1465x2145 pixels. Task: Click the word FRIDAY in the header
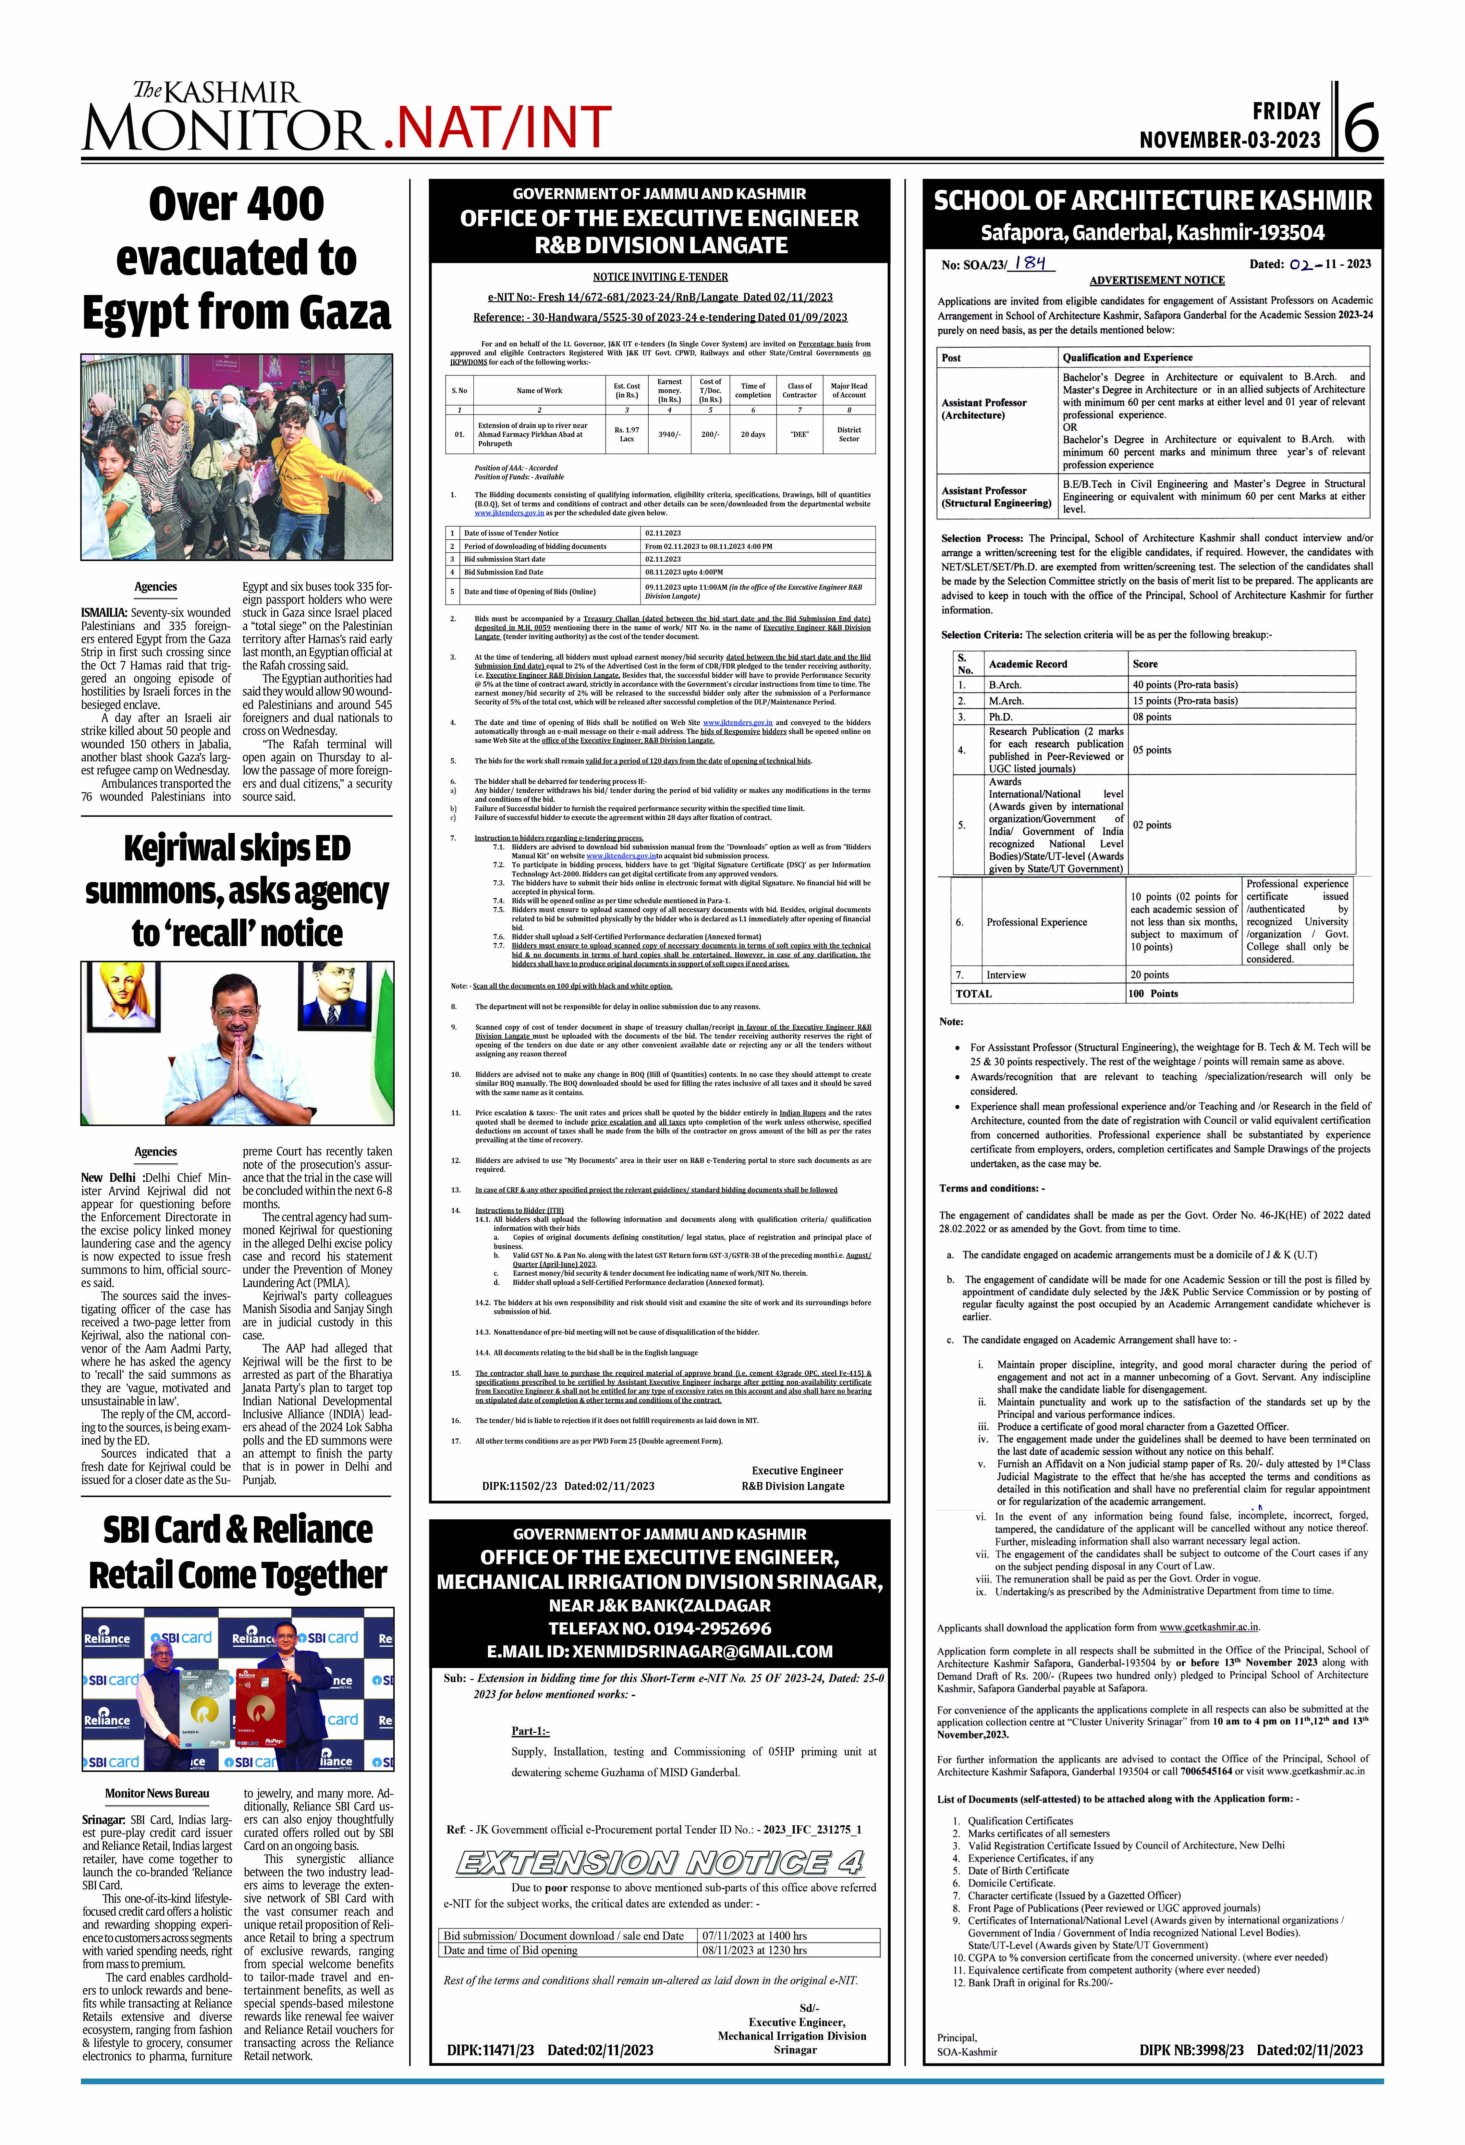1286,112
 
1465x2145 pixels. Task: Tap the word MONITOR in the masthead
226,129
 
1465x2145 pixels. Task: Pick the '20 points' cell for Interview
1150,975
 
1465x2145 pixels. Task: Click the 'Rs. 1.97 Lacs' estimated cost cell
627,434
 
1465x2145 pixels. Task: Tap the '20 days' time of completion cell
752,434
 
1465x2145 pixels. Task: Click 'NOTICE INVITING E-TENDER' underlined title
660,277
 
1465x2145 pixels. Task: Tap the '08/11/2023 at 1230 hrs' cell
754,1950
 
